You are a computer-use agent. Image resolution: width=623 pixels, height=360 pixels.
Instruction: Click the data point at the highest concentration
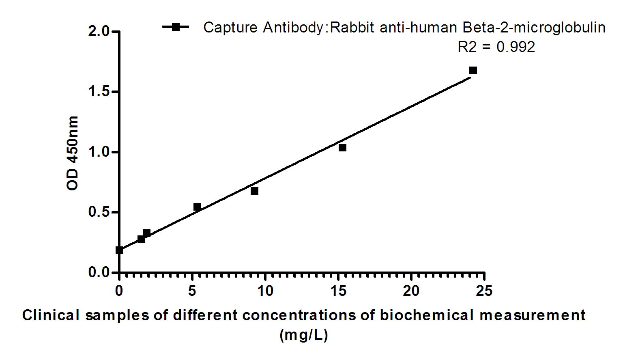click(x=473, y=71)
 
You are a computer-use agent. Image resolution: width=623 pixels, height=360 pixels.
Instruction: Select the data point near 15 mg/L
click(x=342, y=148)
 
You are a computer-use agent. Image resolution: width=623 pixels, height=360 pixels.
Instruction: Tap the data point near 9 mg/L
click(x=254, y=191)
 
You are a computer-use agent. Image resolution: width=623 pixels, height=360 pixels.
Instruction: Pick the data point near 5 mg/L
click(x=197, y=207)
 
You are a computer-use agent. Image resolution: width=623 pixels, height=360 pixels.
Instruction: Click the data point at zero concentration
click(x=119, y=250)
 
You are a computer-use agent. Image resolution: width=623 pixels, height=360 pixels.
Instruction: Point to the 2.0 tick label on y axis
click(x=99, y=31)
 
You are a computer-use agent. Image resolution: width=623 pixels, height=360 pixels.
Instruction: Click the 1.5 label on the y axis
click(x=99, y=92)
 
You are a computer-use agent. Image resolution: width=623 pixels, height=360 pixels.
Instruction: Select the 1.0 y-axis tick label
click(x=99, y=152)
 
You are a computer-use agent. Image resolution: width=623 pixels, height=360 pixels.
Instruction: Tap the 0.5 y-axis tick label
click(x=99, y=212)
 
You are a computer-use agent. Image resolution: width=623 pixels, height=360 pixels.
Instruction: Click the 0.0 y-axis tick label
click(x=99, y=272)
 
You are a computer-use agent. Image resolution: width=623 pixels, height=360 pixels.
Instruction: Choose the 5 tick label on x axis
click(x=192, y=291)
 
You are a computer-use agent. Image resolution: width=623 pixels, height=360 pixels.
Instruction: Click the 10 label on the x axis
click(x=265, y=291)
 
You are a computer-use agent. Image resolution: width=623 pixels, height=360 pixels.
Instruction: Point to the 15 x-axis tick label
click(x=338, y=291)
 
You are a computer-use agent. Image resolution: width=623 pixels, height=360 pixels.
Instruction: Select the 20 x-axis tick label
click(x=411, y=291)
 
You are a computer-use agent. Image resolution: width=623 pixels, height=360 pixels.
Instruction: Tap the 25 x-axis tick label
click(x=484, y=291)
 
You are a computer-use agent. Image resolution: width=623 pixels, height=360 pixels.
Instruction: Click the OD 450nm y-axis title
click(x=72, y=153)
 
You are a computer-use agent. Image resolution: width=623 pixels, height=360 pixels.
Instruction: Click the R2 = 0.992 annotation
click(x=496, y=47)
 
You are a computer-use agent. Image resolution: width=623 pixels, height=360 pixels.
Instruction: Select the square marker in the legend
click(x=176, y=27)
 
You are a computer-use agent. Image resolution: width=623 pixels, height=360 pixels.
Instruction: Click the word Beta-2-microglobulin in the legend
click(x=534, y=28)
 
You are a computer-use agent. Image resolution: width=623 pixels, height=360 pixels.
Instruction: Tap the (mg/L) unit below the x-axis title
click(x=303, y=335)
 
